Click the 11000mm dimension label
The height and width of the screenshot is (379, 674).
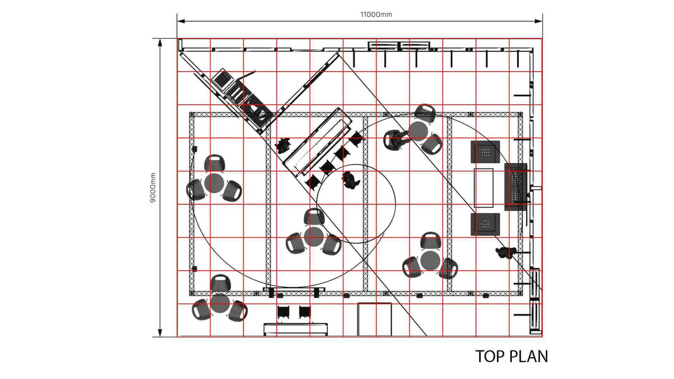pos(376,14)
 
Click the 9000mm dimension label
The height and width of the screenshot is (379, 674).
pos(153,187)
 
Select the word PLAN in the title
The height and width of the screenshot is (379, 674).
pos(528,357)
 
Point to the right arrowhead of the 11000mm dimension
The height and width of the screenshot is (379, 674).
pos(538,21)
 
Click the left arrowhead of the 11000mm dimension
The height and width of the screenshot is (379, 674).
pos(181,21)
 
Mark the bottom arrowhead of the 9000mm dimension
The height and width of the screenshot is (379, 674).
pos(160,333)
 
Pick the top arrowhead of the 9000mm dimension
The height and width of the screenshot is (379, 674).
pos(160,43)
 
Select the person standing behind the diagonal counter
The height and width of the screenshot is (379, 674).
pos(283,145)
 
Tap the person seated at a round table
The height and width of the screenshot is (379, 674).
pos(396,139)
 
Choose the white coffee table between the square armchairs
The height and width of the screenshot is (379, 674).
pos(484,188)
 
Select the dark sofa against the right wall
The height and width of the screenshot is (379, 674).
pos(516,187)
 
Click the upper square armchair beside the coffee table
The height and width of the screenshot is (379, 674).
pos(485,152)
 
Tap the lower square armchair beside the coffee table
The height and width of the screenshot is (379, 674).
pos(485,224)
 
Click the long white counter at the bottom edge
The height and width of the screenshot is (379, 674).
pos(296,329)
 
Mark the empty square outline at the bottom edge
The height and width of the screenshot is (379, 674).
pos(375,319)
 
